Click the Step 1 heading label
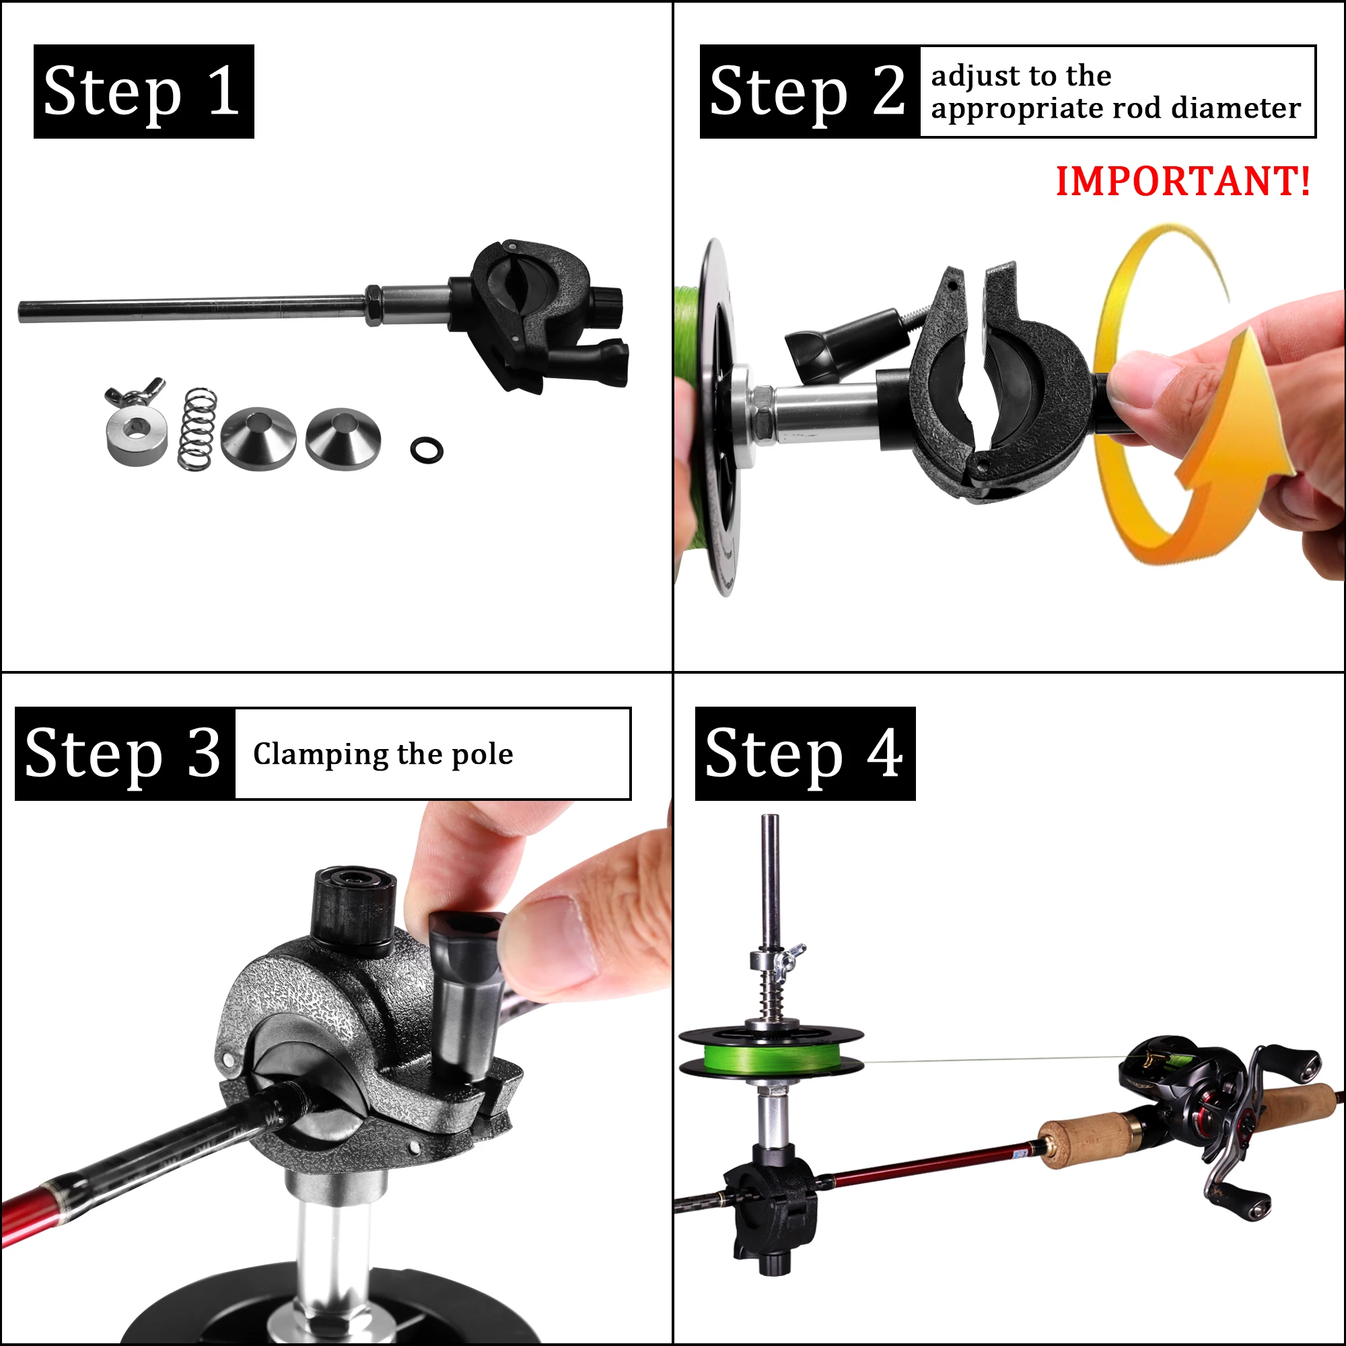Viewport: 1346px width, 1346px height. tap(143, 92)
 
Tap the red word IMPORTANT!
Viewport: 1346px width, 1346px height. tap(1182, 182)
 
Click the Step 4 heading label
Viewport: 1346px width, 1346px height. tap(805, 753)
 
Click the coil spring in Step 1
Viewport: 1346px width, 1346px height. tap(197, 428)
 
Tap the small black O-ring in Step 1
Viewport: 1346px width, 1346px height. tap(427, 450)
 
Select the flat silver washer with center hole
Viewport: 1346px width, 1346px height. tap(137, 439)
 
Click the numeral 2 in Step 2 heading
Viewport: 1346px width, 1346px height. tap(888, 92)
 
